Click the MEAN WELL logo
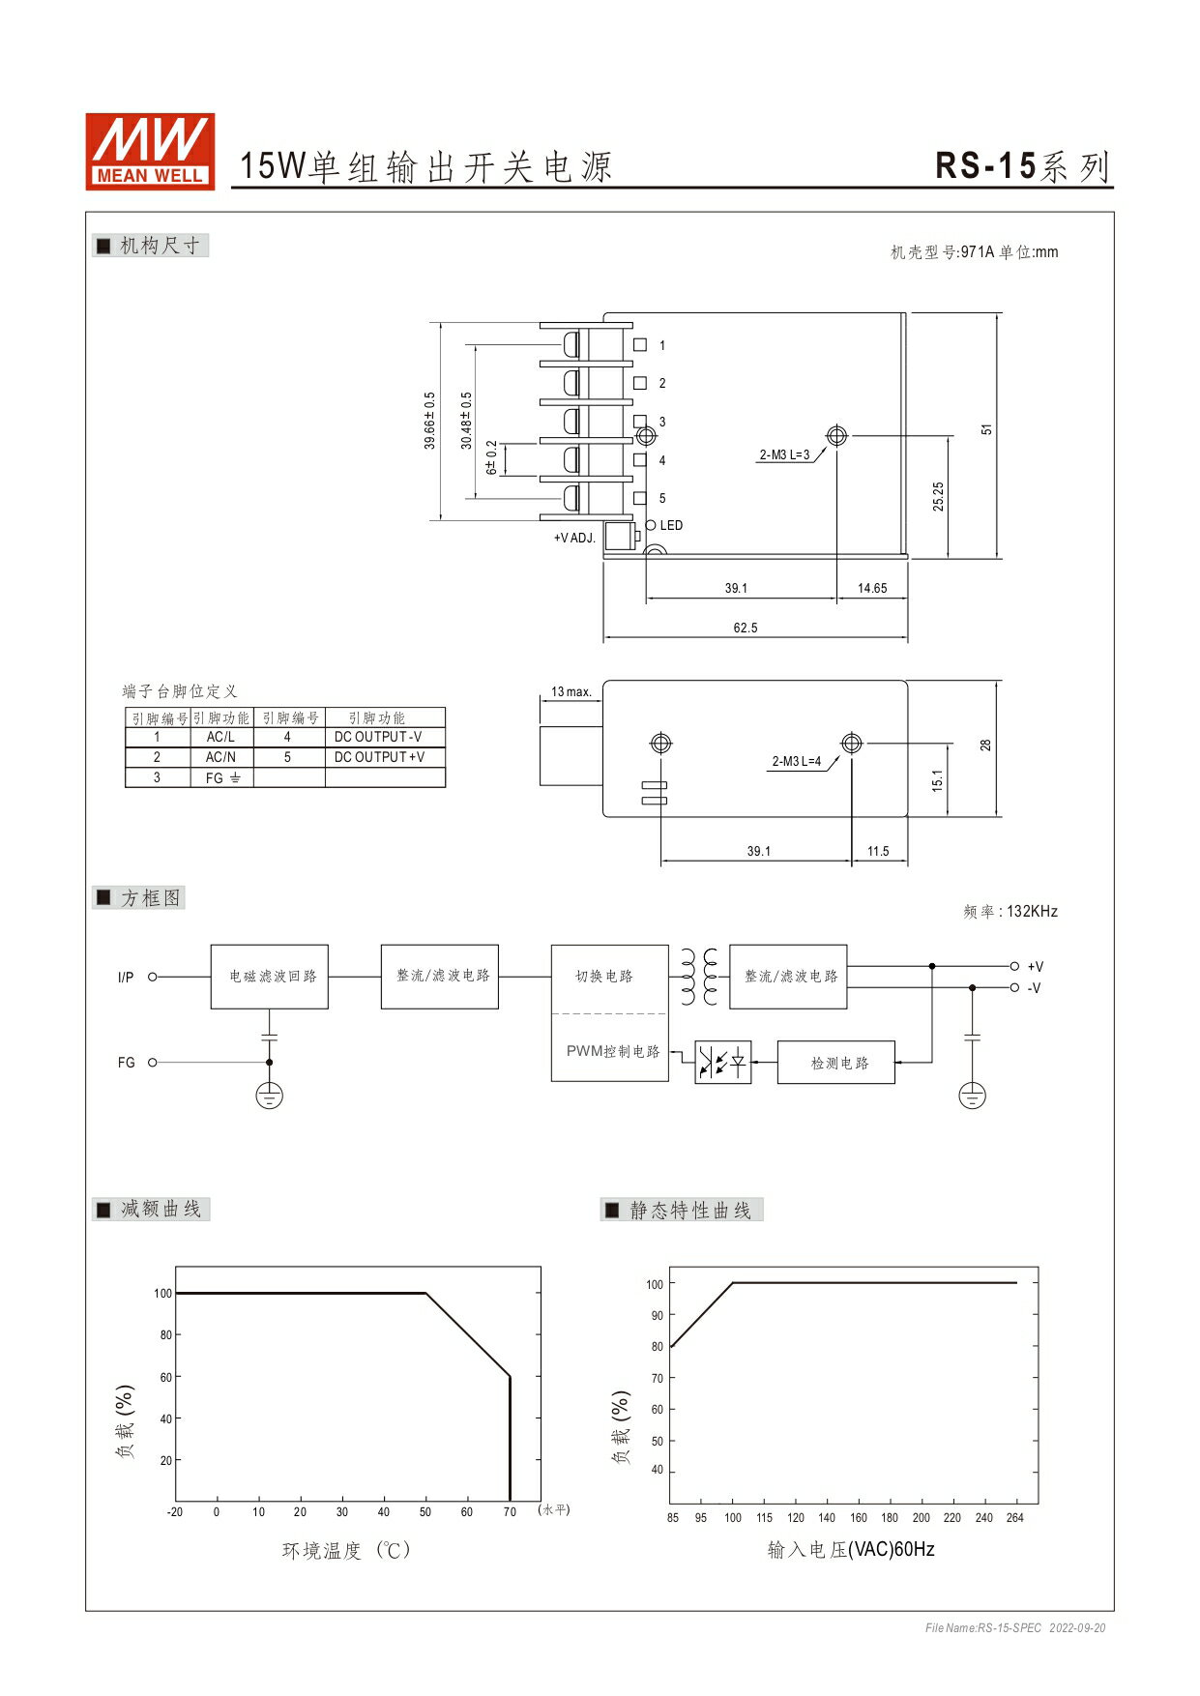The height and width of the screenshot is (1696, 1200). (x=150, y=151)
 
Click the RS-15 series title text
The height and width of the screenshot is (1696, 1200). (x=1023, y=166)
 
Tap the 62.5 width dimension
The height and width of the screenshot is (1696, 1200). (x=745, y=628)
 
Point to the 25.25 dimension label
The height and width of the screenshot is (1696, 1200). (x=938, y=497)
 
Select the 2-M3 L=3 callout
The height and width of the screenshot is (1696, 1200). (x=784, y=454)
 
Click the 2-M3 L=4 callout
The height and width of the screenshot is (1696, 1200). (x=797, y=761)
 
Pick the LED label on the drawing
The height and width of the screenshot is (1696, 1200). (x=671, y=525)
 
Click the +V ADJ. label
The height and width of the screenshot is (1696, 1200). (x=574, y=538)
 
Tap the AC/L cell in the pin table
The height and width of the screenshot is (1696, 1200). (x=220, y=737)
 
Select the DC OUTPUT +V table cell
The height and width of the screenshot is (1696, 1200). (x=379, y=757)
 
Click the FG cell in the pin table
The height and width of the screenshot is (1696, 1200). (x=221, y=777)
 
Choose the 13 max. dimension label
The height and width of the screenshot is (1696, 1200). (x=571, y=691)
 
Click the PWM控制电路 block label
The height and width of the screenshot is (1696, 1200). (x=613, y=1051)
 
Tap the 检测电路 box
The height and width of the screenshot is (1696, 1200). (x=836, y=1063)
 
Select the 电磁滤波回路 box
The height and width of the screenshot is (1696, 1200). (x=270, y=977)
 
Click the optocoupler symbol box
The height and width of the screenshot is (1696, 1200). (x=723, y=1063)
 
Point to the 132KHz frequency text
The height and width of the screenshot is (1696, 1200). (x=1032, y=911)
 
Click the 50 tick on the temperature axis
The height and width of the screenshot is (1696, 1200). (x=425, y=1511)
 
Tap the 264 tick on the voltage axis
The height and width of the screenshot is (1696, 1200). (x=1014, y=1517)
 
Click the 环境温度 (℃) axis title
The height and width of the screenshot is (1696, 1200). (x=346, y=1550)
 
